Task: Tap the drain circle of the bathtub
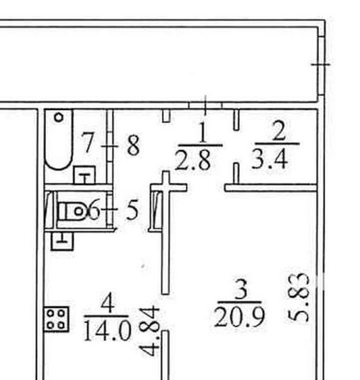59,117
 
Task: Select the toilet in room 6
72,211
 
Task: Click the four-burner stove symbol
56,319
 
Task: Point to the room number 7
87,142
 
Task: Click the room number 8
133,145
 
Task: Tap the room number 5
132,210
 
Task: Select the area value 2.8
193,160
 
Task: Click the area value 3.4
270,159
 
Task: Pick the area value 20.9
240,317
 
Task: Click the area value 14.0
108,330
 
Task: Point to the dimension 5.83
299,298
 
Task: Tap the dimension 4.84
150,331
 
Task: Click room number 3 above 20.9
241,290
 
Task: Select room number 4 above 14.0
108,303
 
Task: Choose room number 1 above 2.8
203,132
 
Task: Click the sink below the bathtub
85,175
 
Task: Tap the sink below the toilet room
63,241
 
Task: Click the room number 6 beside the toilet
93,211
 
